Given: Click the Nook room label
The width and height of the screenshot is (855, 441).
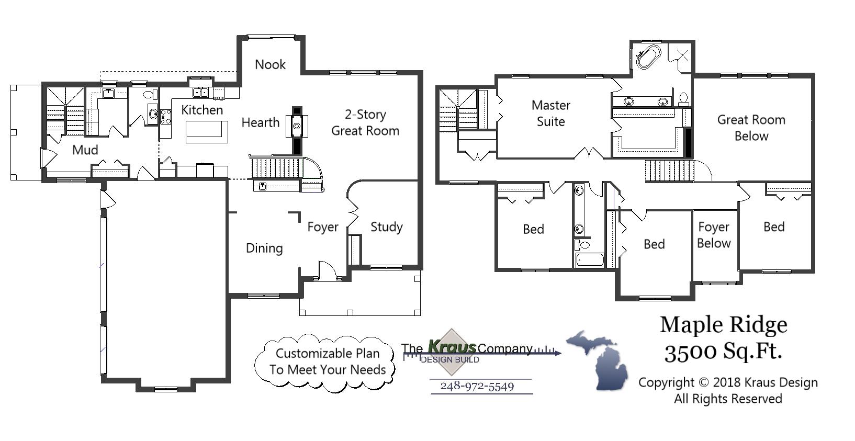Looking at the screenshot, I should click(270, 64).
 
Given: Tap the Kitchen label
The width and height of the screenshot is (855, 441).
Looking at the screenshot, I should click(202, 110).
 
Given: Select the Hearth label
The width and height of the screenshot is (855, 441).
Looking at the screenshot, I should click(260, 122).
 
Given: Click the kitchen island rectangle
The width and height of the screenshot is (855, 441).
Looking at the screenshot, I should click(207, 131).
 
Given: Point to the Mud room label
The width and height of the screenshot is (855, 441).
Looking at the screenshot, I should click(85, 150).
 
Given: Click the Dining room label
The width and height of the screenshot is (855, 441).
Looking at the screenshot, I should click(264, 248).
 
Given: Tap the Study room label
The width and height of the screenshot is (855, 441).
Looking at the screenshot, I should click(386, 227).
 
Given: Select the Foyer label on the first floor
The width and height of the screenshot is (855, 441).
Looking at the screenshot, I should click(322, 227).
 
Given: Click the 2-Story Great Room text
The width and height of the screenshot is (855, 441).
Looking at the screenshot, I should click(365, 122).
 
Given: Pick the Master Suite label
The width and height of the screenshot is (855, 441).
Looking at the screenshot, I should click(550, 113).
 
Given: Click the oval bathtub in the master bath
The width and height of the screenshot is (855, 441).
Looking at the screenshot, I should click(648, 56).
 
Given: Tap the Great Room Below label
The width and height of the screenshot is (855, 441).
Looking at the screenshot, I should click(751, 128).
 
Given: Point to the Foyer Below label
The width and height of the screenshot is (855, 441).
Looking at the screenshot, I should click(713, 235).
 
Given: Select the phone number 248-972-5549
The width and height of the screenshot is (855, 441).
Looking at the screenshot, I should click(477, 387).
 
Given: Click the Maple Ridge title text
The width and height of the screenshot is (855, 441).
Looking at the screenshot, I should click(723, 324).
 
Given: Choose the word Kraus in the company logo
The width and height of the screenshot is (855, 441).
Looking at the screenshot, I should click(452, 347).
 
